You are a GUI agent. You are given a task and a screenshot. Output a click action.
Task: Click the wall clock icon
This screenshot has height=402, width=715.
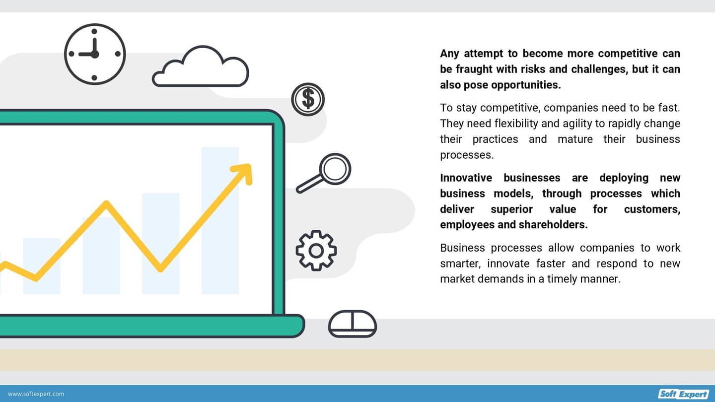pos(95,54)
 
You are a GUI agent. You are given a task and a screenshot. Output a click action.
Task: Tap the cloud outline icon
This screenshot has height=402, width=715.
pos(200,69)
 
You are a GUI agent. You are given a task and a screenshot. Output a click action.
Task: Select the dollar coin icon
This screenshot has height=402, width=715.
pos(308,99)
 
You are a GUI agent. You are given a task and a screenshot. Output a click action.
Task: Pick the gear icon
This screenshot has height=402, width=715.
pos(316,250)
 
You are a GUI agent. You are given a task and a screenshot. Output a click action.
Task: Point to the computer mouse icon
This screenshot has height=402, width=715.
pos(353,324)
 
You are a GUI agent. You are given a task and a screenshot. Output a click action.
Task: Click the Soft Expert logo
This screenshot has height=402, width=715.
pos(684,394)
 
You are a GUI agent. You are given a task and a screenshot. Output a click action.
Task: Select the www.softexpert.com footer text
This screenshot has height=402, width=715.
pos(36,394)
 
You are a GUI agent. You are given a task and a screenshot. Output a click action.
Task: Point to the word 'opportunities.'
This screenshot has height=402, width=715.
pos(526,85)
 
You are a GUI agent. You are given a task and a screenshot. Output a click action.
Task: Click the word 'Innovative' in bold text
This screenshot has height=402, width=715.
pos(466,178)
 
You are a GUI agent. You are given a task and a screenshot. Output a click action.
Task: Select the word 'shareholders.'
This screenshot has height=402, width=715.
pos(553,225)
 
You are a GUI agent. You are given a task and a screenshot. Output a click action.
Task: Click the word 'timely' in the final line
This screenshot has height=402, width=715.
pos(564,279)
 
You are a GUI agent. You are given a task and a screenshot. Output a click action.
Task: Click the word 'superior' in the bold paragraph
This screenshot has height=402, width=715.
pos(511,209)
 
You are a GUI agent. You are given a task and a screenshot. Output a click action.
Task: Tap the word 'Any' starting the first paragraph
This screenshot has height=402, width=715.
pos(449,54)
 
